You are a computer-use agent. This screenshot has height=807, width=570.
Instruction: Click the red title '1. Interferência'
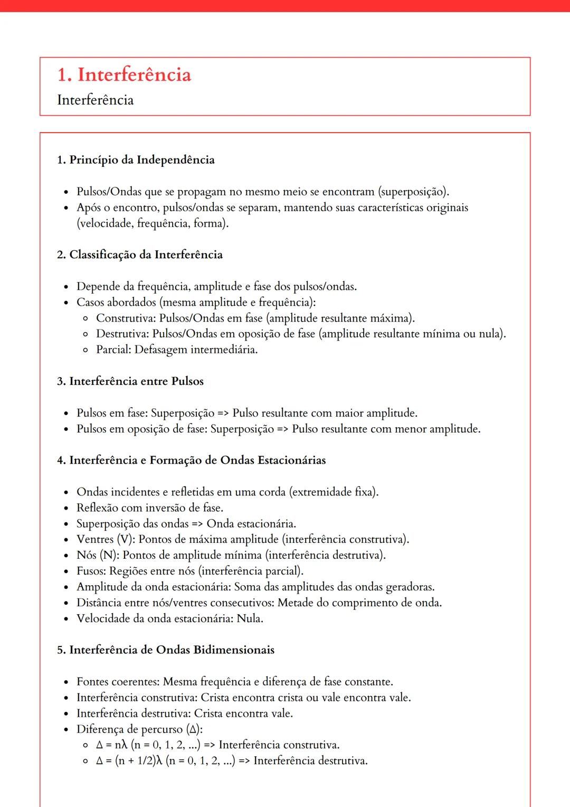tap(124, 75)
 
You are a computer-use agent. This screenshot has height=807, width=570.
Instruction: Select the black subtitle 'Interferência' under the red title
tap(95, 100)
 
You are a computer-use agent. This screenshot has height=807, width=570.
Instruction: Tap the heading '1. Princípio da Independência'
tap(136, 160)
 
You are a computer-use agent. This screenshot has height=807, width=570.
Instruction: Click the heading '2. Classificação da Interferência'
tap(140, 255)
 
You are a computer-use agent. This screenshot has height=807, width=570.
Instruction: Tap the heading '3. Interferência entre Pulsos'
tap(130, 381)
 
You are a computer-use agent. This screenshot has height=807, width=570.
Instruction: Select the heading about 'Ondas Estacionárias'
tap(192, 461)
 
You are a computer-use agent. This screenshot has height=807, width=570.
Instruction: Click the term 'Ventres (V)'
tap(106, 539)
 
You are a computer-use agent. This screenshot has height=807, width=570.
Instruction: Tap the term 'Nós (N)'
tap(98, 555)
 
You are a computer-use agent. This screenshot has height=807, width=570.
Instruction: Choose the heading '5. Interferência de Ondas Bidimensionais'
tap(166, 650)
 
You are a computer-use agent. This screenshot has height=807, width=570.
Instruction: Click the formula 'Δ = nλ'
tap(112, 745)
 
